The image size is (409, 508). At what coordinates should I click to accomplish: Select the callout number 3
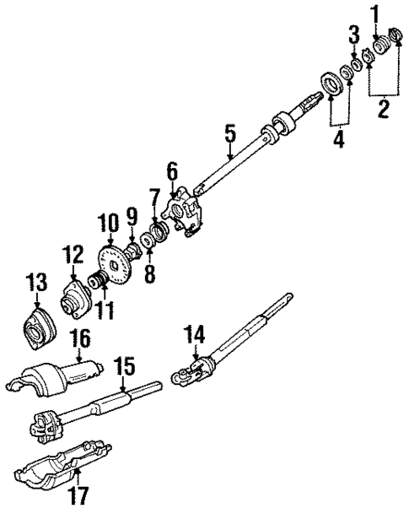pyautogui.click(x=354, y=35)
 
